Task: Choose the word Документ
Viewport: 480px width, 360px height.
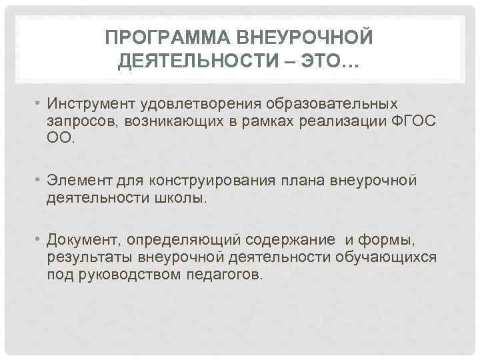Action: (x=84, y=240)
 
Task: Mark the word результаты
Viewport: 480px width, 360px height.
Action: (x=89, y=257)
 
